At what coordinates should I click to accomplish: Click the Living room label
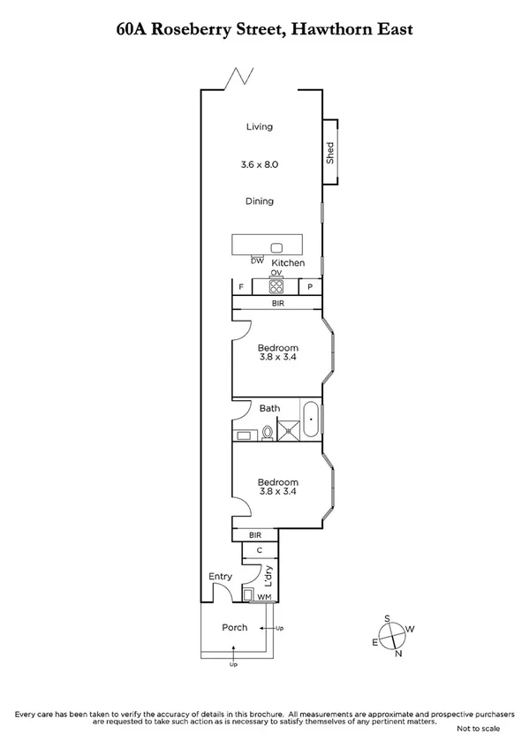coord(259,126)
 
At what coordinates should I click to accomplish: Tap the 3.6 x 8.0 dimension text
coord(259,164)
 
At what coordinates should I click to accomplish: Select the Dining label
coord(259,201)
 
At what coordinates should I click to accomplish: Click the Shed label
coord(330,152)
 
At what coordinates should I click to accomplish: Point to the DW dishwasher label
coord(257,260)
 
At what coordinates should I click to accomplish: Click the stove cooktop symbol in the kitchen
coord(276,286)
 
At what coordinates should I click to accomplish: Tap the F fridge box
coord(241,287)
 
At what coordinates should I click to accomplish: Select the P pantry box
coord(310,287)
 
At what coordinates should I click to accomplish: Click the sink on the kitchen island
coord(276,247)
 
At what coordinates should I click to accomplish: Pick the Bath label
coord(269,408)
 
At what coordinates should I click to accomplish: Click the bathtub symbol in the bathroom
coord(311,420)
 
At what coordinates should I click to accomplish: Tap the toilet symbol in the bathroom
coord(266,432)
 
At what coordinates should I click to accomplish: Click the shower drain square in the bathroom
coord(288,432)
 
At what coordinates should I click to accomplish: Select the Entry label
coord(220,576)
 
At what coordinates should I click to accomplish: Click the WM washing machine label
coord(264,598)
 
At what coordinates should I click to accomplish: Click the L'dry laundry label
coord(268,577)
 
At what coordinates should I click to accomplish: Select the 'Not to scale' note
coord(478,729)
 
